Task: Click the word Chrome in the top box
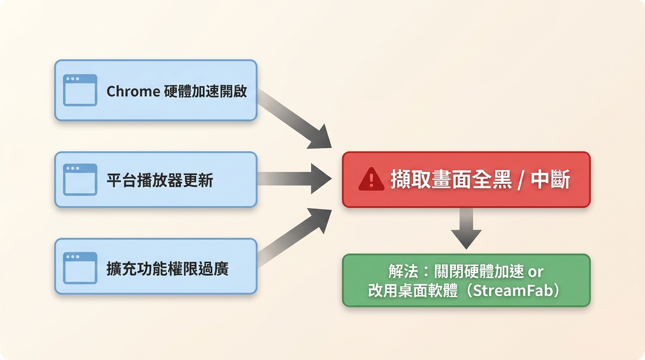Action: click(133, 91)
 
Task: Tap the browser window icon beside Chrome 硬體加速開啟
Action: click(80, 90)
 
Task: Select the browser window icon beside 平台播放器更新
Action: click(80, 180)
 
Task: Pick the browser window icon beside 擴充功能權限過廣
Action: click(80, 268)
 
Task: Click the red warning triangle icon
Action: click(371, 179)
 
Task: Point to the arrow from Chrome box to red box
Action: click(294, 119)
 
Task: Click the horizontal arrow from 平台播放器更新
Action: click(294, 179)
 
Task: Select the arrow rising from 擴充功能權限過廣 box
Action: click(294, 238)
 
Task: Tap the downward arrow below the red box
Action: click(466, 229)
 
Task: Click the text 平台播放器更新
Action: click(160, 180)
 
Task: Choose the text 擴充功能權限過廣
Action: click(168, 269)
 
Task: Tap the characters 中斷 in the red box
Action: click(550, 180)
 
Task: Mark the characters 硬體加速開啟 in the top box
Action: click(206, 91)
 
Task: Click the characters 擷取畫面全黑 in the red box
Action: click(451, 180)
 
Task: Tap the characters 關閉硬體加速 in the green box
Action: click(479, 271)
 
